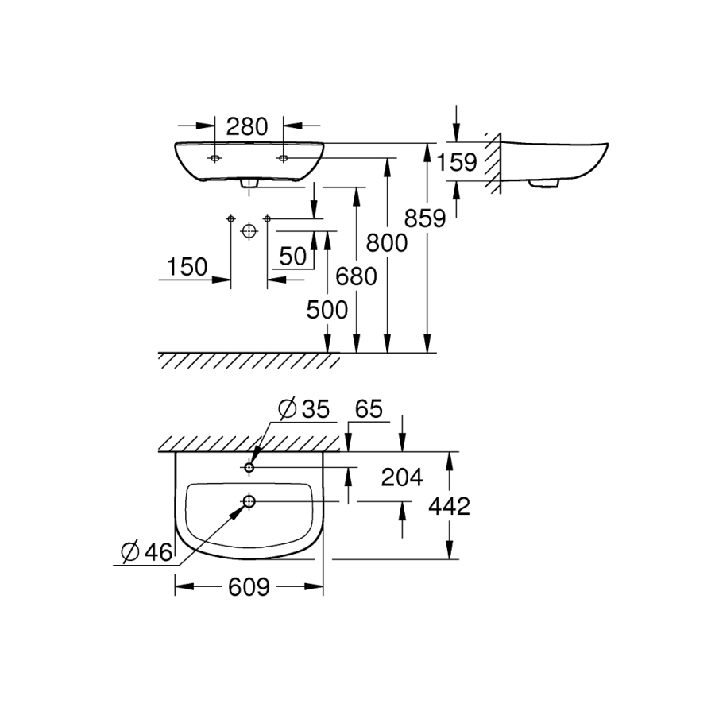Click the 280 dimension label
click(248, 126)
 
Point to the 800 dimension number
click(385, 242)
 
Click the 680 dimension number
click(356, 276)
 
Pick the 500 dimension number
click(327, 310)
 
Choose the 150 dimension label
click(187, 268)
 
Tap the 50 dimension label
click(293, 256)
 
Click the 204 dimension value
click(402, 477)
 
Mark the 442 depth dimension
click(448, 505)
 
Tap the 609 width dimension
click(249, 587)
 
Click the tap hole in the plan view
click(249, 468)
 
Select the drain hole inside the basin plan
click(249, 501)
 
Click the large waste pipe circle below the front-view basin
click(249, 231)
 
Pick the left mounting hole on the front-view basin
click(214, 158)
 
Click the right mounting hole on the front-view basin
click(283, 158)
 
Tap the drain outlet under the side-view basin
click(544, 184)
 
